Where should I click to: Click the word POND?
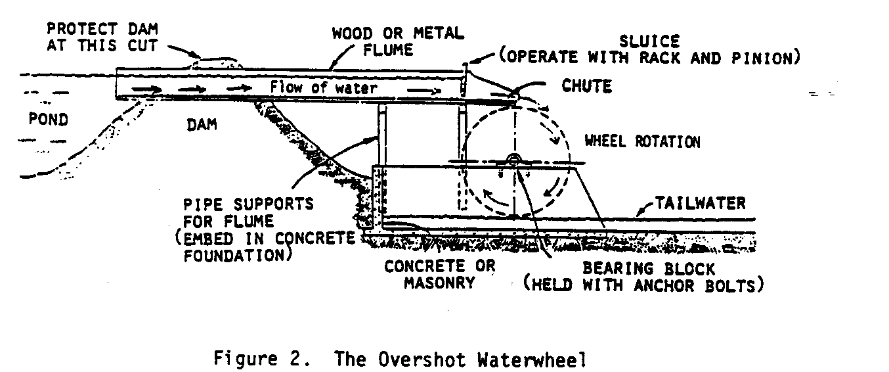49,120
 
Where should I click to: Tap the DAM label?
202,124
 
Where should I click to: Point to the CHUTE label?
586,86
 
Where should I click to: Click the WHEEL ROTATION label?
642,142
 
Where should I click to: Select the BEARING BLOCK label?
649,269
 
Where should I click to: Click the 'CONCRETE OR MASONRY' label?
440,275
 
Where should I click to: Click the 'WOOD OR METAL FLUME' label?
397,40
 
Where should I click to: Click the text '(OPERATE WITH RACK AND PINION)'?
649,58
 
